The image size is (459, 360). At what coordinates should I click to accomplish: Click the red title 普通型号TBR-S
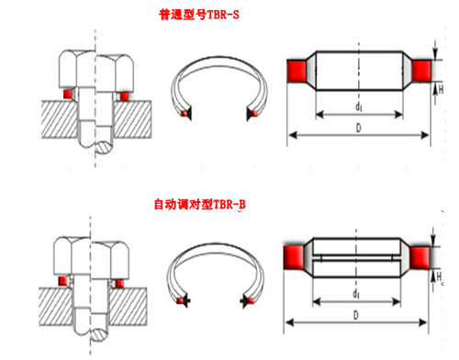(199, 15)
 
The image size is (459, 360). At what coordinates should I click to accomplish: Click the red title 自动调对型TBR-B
(199, 204)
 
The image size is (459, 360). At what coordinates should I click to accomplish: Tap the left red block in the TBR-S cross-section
(297, 71)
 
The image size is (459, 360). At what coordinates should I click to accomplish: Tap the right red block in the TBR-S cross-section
(421, 71)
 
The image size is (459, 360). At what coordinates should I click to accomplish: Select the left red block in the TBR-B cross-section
(294, 257)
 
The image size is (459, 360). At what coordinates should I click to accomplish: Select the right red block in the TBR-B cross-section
(420, 258)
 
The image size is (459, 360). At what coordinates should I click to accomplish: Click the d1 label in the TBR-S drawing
(358, 107)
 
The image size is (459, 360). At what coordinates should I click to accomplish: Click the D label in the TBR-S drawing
(358, 128)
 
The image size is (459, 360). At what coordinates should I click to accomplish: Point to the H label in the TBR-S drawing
(441, 89)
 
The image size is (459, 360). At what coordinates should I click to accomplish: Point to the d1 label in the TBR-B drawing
(356, 294)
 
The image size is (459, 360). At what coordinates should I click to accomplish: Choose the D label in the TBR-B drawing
(356, 315)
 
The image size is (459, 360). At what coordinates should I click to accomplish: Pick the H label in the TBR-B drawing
(439, 276)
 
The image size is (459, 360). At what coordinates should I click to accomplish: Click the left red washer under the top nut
(67, 94)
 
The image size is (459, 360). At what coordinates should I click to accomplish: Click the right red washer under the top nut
(124, 96)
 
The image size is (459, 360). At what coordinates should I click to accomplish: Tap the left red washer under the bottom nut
(62, 281)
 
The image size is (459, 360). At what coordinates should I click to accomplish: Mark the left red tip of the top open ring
(185, 114)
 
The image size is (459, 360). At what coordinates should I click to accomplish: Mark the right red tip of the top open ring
(254, 114)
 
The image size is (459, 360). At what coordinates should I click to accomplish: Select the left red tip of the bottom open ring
(180, 300)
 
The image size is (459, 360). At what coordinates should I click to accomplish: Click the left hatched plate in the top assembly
(59, 119)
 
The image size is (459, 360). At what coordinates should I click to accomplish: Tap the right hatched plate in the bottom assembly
(129, 307)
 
